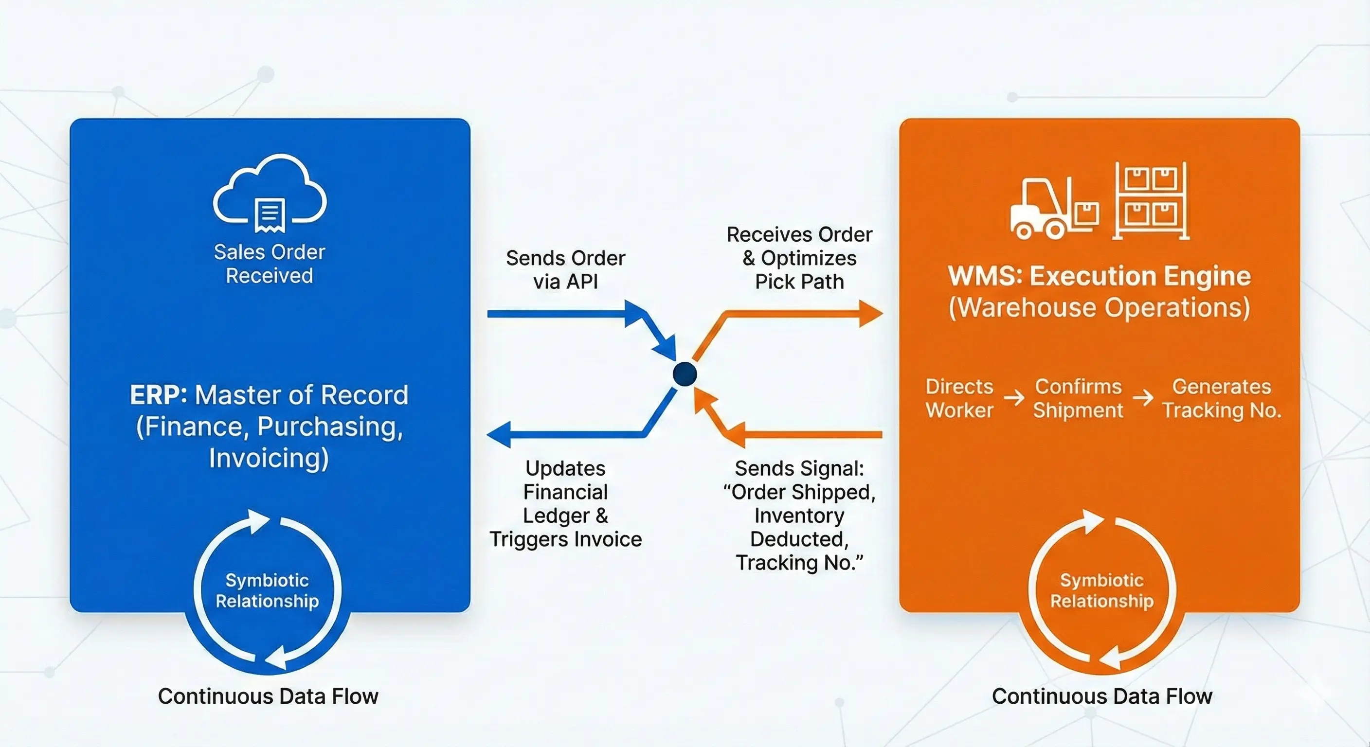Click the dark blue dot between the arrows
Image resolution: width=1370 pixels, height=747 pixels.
click(x=685, y=374)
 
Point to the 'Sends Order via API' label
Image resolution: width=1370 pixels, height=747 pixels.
click(x=565, y=269)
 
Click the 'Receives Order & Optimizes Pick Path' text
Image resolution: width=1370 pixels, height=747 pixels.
click(x=799, y=258)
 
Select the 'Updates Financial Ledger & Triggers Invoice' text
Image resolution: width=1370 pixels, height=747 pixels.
click(x=565, y=503)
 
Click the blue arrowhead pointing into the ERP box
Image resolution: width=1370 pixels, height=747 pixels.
click(x=499, y=434)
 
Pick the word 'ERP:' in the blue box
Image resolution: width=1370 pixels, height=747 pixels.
click(x=159, y=395)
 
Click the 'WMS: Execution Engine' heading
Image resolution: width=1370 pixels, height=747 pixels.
click(x=1100, y=276)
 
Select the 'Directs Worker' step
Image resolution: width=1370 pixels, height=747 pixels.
click(x=959, y=398)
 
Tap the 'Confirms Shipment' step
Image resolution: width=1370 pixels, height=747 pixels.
click(x=1078, y=398)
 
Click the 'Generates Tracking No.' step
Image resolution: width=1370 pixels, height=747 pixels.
click(x=1222, y=398)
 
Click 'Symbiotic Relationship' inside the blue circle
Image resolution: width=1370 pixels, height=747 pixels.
click(x=267, y=590)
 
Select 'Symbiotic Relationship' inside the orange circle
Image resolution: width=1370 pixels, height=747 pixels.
click(x=1101, y=590)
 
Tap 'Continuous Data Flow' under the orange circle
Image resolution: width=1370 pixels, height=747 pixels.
click(x=1101, y=696)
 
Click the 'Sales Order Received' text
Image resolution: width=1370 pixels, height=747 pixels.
click(x=269, y=264)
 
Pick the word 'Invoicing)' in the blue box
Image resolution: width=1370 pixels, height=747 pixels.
click(x=269, y=458)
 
